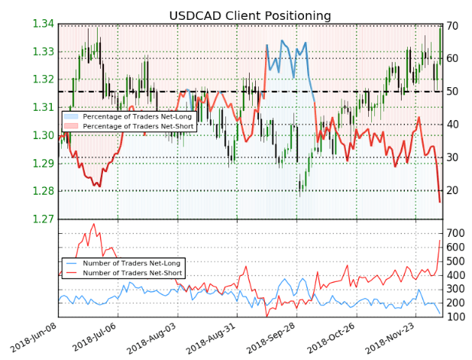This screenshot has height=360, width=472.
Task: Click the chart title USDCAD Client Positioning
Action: pos(250,16)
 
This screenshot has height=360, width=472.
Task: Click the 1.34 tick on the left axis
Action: pos(44,24)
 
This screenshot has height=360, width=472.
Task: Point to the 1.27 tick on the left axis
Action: pos(44,219)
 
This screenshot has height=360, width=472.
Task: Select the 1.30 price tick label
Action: pos(44,136)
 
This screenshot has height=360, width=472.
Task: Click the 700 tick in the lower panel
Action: pos(456,232)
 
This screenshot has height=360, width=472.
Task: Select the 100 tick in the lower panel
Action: pos(456,316)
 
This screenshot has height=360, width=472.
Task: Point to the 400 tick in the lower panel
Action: pos(456,274)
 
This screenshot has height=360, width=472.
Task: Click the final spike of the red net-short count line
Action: pos(440,241)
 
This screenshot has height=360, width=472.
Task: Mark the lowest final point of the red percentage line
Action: pos(440,202)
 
